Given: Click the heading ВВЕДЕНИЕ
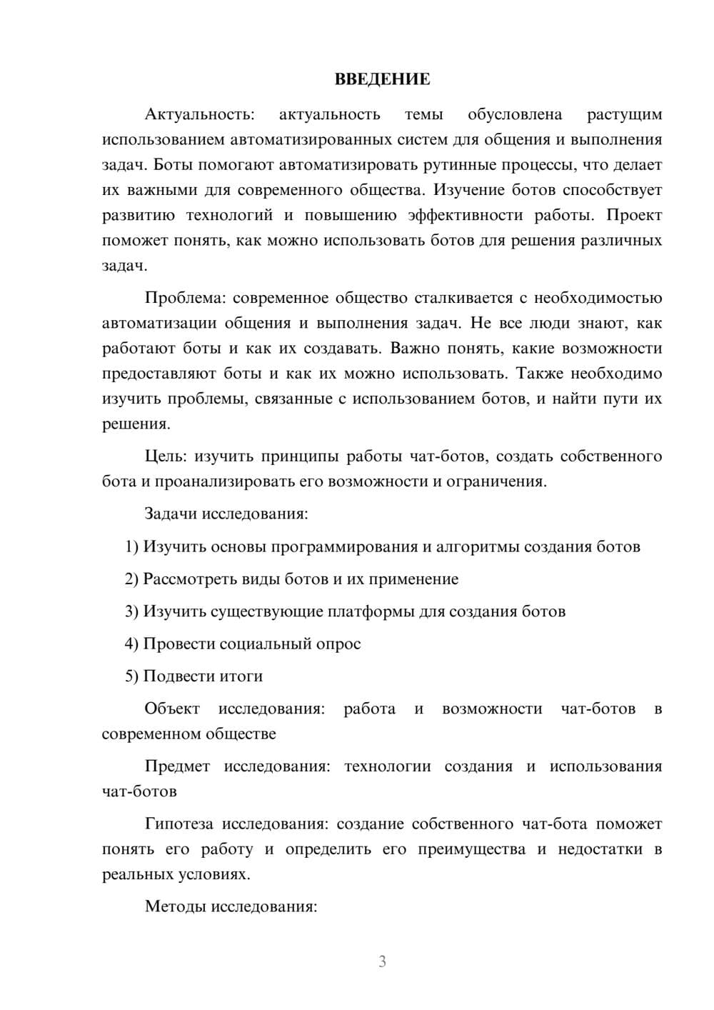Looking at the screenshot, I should click(x=382, y=79).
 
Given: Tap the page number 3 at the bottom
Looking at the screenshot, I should click(x=382, y=961).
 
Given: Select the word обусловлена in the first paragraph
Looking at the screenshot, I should click(x=515, y=114).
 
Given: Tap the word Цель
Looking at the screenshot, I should click(x=166, y=456).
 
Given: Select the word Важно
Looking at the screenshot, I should click(x=415, y=349).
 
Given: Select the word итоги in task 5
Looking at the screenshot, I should click(x=241, y=676).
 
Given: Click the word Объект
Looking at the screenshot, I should click(x=172, y=709).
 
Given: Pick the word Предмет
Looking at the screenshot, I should click(x=177, y=766).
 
